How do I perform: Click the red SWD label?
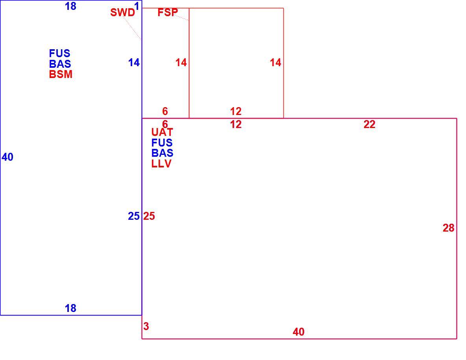(122, 13)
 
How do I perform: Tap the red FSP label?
(168, 12)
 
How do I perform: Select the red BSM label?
(61, 74)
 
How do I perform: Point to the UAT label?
(162, 132)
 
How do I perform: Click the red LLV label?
(161, 163)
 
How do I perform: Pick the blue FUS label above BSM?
(59, 54)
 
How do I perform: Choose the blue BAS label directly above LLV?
(162, 153)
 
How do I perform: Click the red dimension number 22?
(370, 124)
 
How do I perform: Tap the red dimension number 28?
(448, 228)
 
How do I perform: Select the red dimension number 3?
(146, 327)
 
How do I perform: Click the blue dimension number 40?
(7, 157)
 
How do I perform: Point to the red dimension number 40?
(298, 332)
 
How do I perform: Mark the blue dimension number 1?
(137, 6)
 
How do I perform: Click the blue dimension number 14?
(134, 63)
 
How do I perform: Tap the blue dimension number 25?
(134, 216)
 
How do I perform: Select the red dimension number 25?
(149, 216)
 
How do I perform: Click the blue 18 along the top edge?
(70, 6)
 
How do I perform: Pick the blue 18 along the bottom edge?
(70, 308)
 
